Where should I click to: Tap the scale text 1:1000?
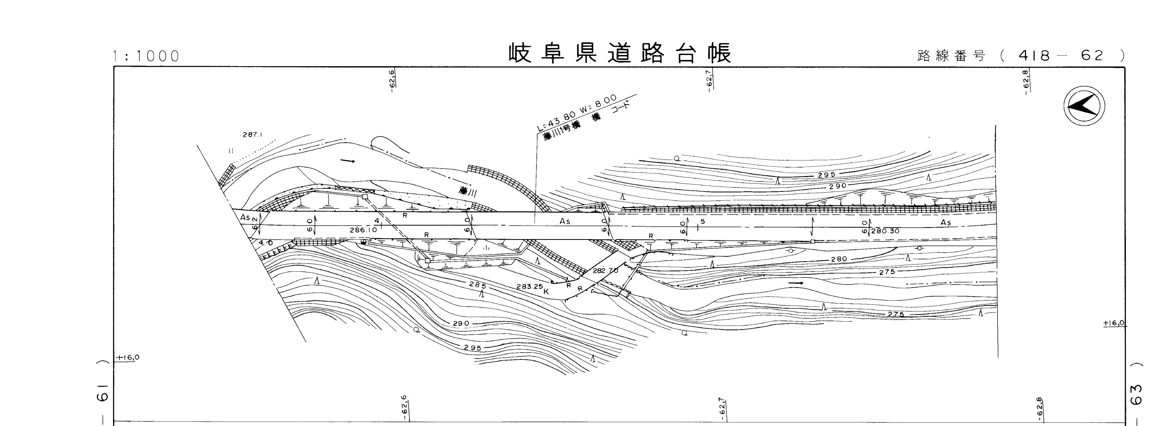[x=146, y=56]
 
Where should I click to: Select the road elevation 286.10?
[x=363, y=230]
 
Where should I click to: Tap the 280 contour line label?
[x=839, y=259]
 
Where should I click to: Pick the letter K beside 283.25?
[x=546, y=292]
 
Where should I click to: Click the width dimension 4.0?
[x=266, y=243]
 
